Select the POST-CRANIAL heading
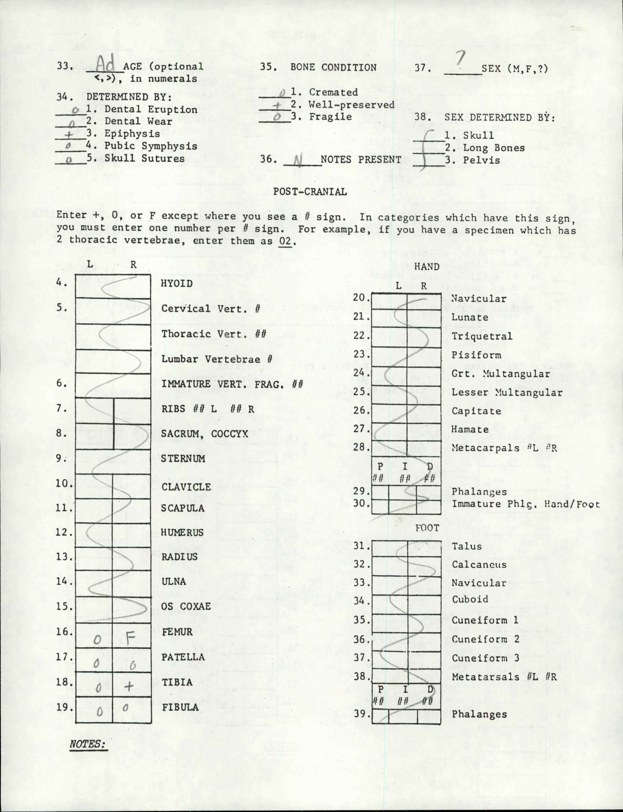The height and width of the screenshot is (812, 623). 310,192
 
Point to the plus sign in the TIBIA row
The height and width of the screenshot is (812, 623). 129,686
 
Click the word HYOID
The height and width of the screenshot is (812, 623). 177,284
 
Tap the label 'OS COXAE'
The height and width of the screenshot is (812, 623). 186,606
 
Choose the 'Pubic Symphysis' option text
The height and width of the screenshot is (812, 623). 151,146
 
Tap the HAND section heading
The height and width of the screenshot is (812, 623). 426,266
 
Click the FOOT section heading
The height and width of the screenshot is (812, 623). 427,528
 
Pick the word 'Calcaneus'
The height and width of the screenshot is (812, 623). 479,565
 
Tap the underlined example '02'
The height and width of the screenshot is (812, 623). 287,241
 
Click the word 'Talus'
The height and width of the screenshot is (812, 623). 467,546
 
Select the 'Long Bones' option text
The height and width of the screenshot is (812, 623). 494,148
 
